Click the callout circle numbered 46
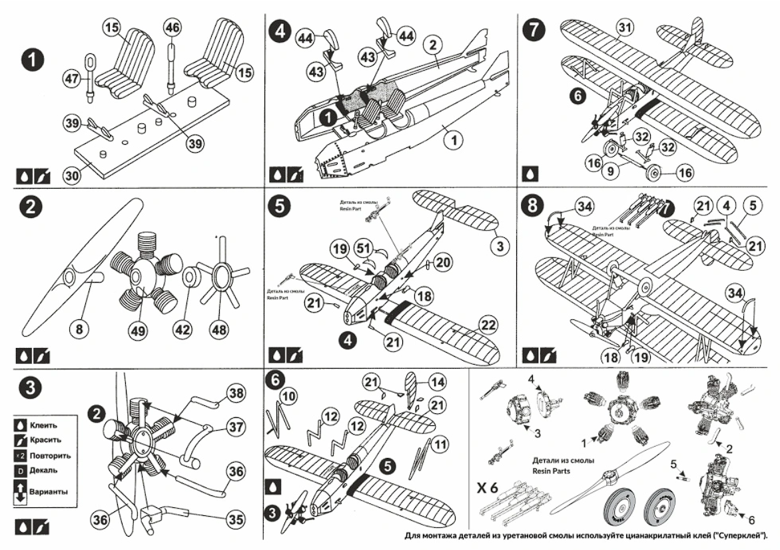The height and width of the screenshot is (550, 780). [172, 27]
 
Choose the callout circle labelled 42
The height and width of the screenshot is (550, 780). [187, 327]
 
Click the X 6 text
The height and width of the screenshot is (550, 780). [488, 486]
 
